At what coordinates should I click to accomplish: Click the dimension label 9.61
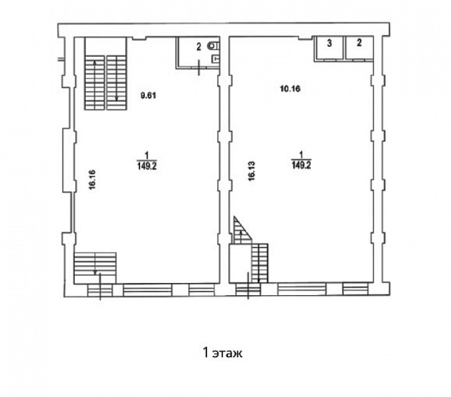coord(148,95)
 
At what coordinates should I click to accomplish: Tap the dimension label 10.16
coord(290,89)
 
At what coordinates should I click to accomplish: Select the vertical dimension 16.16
coord(93,180)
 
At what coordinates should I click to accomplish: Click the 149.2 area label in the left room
coord(147,166)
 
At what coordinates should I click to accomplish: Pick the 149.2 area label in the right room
coord(302,165)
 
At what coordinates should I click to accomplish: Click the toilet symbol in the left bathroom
coord(214,46)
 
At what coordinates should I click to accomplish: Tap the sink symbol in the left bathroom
coord(216,59)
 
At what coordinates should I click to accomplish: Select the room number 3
coord(329,43)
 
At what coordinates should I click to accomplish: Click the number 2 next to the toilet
coord(199,47)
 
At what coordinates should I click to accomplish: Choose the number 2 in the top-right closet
coord(359,43)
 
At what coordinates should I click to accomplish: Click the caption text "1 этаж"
coord(223,353)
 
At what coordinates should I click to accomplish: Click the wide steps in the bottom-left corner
coord(95,268)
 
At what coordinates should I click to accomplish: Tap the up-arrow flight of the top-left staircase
coord(95,83)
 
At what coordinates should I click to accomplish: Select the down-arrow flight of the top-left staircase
coord(116,83)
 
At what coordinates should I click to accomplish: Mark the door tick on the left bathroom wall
coord(199,67)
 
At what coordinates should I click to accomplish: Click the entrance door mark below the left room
coord(100,287)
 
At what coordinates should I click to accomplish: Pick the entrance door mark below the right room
coord(248,286)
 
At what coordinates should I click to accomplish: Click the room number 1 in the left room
coord(147,156)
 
